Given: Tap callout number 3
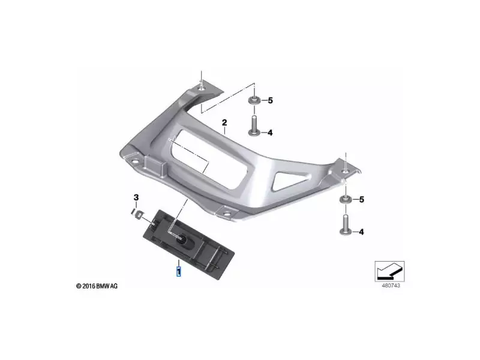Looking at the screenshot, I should click(136, 197).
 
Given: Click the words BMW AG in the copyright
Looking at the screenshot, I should click(106, 286).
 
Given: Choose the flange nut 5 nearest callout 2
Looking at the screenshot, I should click(253, 100).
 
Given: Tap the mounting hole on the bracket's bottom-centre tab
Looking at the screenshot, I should click(227, 211).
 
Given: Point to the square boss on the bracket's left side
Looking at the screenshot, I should click(158, 166).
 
